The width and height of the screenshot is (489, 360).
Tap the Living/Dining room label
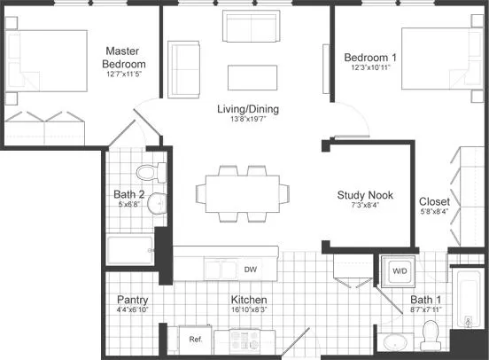(248, 109)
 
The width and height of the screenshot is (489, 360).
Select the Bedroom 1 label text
(370, 58)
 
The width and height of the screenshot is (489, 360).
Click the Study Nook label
(365, 195)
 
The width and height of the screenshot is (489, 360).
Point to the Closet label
(434, 201)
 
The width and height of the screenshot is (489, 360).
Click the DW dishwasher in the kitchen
(251, 269)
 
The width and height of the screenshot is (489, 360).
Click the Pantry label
(133, 300)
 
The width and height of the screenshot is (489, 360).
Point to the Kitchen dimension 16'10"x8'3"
(249, 310)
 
